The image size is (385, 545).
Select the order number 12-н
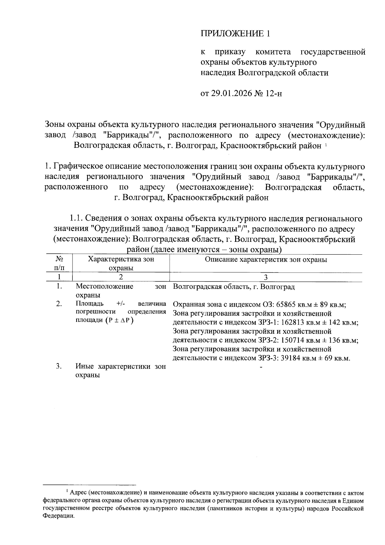pos(274,94)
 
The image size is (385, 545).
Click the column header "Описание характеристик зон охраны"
pos(266,260)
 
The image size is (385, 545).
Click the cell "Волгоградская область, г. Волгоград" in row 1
pos(234,287)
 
